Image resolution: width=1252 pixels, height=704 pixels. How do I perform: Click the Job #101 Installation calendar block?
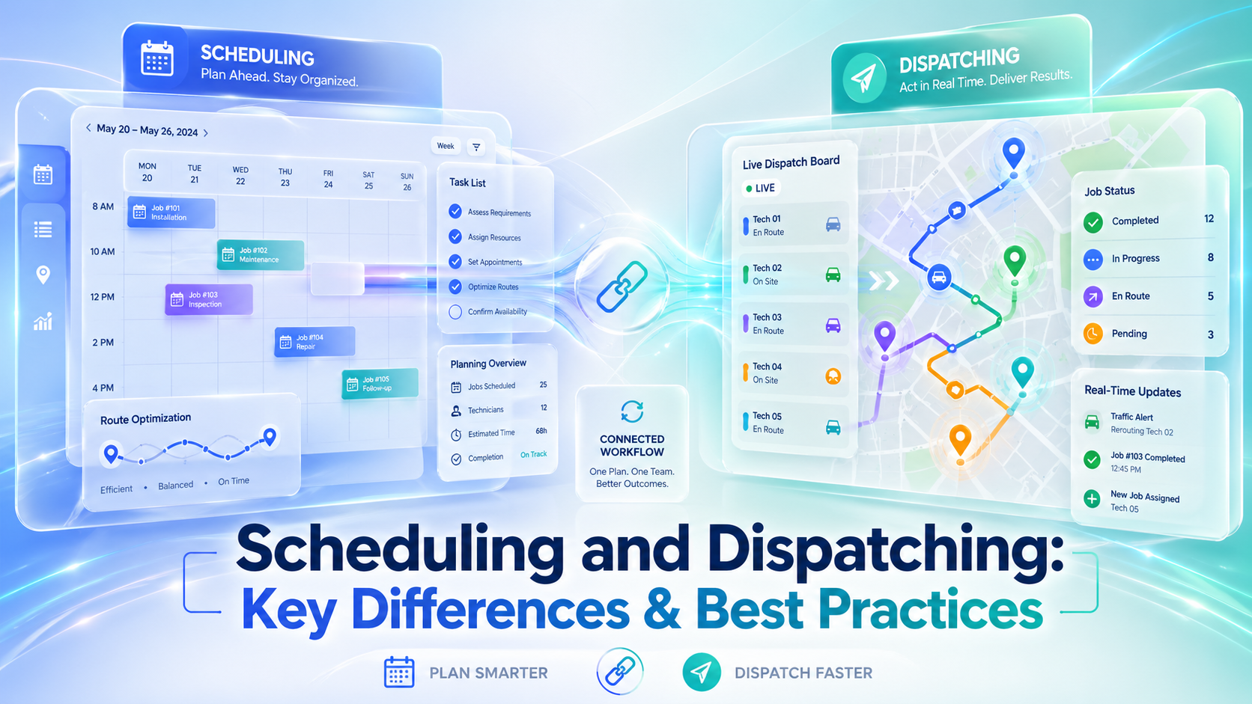click(x=171, y=213)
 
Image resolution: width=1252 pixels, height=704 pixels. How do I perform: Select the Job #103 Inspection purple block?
click(x=208, y=299)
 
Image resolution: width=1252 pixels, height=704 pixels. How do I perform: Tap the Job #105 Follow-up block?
click(x=380, y=384)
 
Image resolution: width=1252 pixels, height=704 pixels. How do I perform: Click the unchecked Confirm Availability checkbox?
click(x=455, y=312)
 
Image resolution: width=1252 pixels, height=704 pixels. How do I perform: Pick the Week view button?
click(x=446, y=146)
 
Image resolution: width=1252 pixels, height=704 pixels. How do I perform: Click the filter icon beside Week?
click(x=476, y=147)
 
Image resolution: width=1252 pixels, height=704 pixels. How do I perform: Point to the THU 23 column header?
click(x=285, y=177)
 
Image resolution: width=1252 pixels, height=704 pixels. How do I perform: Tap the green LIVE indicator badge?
click(x=760, y=188)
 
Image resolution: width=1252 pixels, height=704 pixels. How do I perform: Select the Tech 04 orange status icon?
click(x=833, y=376)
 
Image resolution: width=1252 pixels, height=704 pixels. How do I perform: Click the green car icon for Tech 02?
click(x=833, y=275)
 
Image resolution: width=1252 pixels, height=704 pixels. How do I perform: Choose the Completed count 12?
click(x=1209, y=219)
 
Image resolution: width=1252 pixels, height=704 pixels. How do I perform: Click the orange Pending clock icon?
click(x=1093, y=334)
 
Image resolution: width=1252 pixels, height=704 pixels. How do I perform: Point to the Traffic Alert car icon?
click(x=1093, y=423)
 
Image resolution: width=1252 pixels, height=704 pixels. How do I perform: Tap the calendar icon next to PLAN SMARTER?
click(x=398, y=673)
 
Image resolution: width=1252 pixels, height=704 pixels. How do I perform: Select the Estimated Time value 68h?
click(x=541, y=432)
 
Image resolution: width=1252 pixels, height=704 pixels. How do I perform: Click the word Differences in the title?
click(x=490, y=610)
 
